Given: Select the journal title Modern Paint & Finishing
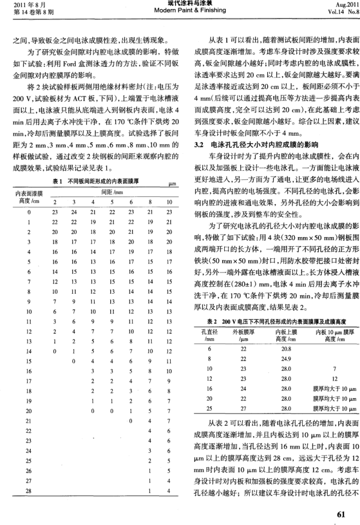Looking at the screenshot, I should [x=180, y=11].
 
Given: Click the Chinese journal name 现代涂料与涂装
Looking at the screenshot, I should [x=180, y=4].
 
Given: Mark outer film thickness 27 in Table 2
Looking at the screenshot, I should [x=236, y=409].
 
